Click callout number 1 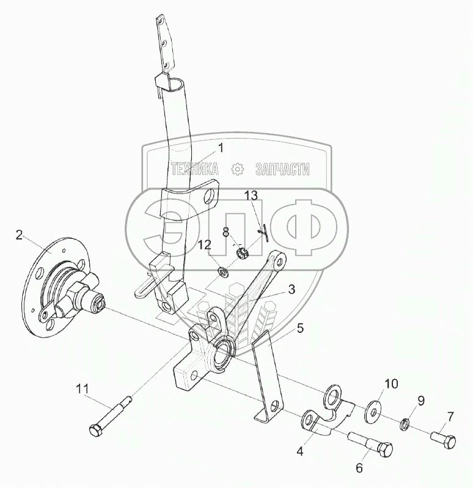click(221, 147)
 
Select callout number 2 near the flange click(20, 234)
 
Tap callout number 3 click(292, 289)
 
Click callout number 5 click(300, 328)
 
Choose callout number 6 click(359, 468)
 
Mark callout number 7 click(450, 417)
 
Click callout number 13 click(252, 195)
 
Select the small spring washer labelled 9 click(403, 424)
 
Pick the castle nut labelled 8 click(242, 252)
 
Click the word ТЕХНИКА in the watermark click(194, 169)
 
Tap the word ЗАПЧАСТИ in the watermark click(282, 169)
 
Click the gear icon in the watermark click(237, 169)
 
